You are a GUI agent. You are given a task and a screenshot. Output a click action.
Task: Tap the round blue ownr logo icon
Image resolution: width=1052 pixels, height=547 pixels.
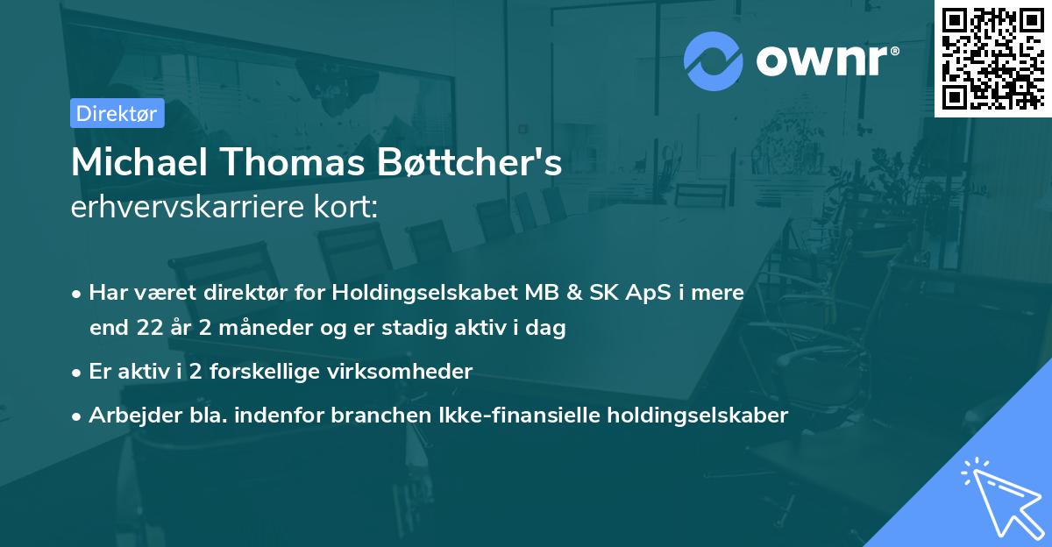[x=714, y=60]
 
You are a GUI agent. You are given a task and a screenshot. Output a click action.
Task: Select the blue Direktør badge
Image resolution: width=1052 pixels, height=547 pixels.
[x=117, y=113]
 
